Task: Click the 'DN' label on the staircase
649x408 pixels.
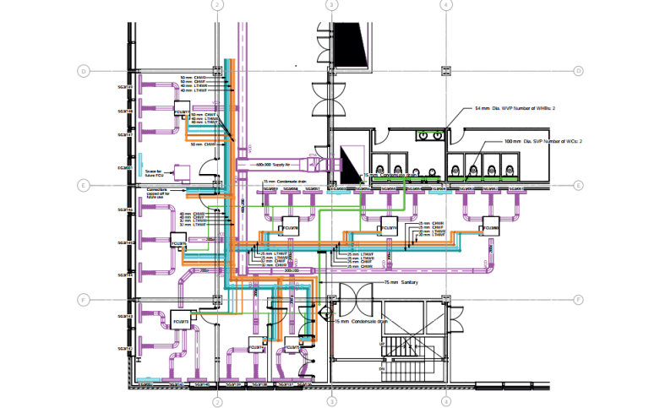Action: click(x=382, y=368)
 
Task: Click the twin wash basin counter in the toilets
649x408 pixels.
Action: click(x=431, y=133)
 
